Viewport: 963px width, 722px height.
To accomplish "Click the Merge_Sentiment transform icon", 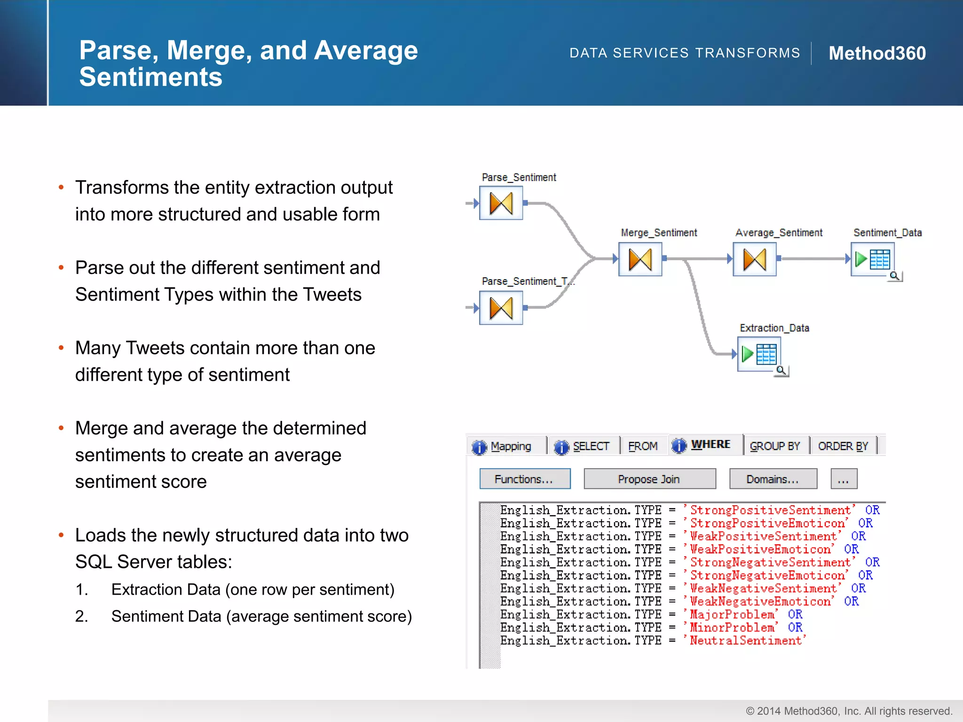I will (x=640, y=259).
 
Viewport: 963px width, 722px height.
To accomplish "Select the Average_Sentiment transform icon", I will (x=754, y=259).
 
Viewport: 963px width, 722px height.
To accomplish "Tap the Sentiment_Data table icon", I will (x=873, y=259).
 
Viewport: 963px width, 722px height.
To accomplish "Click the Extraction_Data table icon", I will (x=759, y=354).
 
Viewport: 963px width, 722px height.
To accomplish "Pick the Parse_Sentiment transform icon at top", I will (x=501, y=203).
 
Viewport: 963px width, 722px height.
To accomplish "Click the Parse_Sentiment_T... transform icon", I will (x=501, y=308).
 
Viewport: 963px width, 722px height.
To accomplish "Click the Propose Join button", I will (x=649, y=479).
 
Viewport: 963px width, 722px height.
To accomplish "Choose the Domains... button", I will (x=773, y=479).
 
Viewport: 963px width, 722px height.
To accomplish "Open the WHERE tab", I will (x=704, y=445).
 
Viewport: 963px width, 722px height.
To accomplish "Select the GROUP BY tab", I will (x=774, y=446).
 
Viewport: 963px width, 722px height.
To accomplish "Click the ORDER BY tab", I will (x=843, y=446).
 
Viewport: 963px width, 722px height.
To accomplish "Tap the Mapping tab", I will (x=504, y=446).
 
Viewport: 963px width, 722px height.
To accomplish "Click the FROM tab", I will (x=642, y=446).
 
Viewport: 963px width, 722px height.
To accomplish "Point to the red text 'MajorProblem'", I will (x=732, y=614).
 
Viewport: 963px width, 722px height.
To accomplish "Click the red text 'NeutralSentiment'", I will (x=746, y=641).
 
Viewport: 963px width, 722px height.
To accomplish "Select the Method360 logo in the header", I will (x=877, y=53).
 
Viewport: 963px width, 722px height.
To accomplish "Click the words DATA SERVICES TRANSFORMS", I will (x=685, y=53).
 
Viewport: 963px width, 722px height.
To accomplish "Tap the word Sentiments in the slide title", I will (x=150, y=77).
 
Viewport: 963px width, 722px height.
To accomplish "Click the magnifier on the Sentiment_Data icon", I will (x=895, y=276).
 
